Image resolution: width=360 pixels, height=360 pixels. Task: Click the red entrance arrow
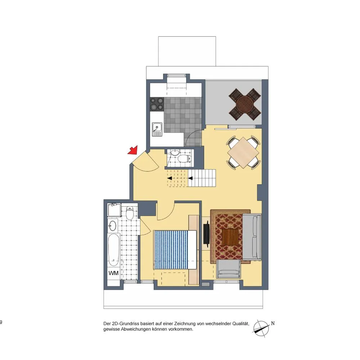point(133,150)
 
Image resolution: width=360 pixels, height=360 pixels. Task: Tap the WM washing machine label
point(113,273)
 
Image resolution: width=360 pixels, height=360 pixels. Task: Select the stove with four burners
point(157,104)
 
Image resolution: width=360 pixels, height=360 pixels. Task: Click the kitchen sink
point(157,129)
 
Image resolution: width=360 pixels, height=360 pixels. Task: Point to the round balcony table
point(245,104)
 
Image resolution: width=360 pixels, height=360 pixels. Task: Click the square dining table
point(243,153)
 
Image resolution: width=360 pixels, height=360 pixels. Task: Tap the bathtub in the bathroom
point(114,250)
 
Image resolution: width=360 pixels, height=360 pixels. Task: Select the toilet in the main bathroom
point(130,213)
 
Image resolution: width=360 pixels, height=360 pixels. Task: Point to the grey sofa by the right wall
point(252,237)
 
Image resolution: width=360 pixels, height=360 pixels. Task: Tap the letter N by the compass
point(273,324)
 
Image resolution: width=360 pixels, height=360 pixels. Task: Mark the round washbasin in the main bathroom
point(113,225)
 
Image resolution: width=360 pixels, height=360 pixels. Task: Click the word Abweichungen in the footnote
point(135,329)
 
